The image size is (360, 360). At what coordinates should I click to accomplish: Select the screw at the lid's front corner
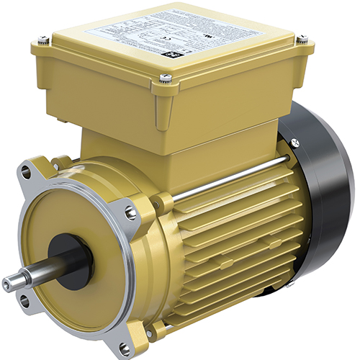tap(166, 78)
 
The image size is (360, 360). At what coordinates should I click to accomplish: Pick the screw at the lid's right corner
tap(302, 39)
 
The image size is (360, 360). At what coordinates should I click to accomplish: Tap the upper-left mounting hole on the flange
tap(27, 171)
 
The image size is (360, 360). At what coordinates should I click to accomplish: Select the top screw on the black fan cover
tap(296, 143)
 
